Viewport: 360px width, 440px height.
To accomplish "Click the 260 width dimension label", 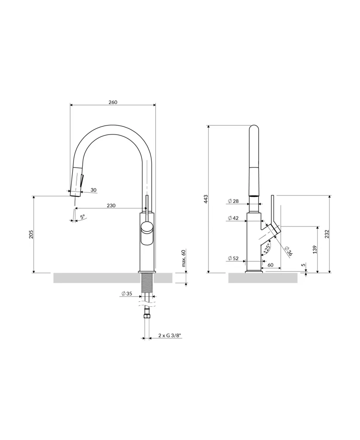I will point(113,102).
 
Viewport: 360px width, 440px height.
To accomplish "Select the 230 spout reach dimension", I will point(111,206).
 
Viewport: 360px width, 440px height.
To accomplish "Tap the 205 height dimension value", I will point(31,234).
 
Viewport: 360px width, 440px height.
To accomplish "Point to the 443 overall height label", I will point(206,199).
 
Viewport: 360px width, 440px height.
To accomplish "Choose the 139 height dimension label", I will point(315,249).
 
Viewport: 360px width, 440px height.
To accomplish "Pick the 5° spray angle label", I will point(82,217).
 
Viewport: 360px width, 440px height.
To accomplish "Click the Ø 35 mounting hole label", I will point(127,294).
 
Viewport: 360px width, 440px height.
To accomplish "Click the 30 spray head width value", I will point(93,190).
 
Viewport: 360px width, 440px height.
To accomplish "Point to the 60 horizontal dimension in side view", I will point(270,265).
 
